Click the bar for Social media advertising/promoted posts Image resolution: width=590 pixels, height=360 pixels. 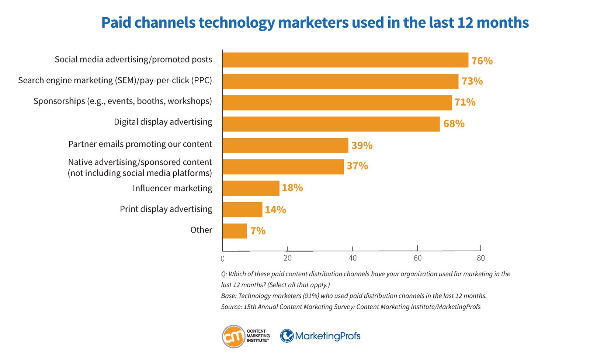[345, 60]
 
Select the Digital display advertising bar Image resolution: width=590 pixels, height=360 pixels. [331, 124]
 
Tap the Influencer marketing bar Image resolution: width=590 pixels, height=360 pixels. [251, 188]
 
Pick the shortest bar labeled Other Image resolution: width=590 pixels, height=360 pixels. [235, 231]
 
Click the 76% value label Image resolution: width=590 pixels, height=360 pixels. [482, 61]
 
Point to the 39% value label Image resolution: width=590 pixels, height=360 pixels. [362, 146]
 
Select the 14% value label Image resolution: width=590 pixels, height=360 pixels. [275, 210]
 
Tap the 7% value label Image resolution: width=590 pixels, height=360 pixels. [258, 231]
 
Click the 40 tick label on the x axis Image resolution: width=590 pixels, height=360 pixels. [353, 258]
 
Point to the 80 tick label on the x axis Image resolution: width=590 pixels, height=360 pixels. [481, 258]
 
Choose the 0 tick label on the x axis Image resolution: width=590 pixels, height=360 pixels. [223, 259]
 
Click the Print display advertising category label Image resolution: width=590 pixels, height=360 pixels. [166, 209]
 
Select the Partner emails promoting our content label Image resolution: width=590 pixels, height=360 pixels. [140, 144]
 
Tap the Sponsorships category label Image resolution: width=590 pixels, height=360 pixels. [59, 101]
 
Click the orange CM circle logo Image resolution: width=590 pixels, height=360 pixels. [234, 336]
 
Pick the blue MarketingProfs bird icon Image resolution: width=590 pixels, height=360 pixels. [287, 336]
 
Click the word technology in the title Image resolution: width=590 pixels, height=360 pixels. [237, 22]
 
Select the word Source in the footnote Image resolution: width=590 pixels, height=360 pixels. [231, 307]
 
